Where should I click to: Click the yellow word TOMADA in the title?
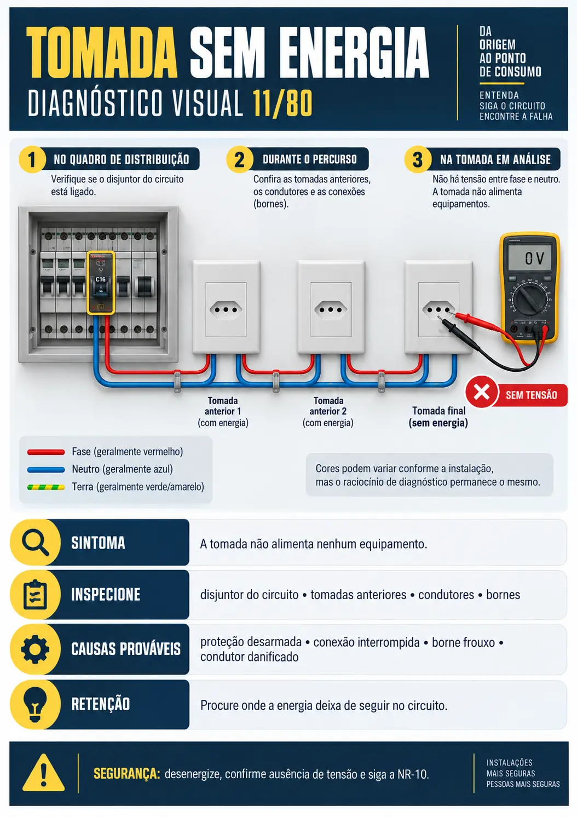(102, 53)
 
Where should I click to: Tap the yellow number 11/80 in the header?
(282, 103)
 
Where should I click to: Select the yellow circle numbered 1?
(32, 159)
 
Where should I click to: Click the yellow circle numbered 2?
(239, 159)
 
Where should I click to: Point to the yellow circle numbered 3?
(417, 159)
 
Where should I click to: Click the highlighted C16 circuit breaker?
(101, 283)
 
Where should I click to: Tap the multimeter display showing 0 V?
(529, 257)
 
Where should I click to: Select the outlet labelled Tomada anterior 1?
(226, 307)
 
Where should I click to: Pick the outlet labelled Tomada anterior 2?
(331, 307)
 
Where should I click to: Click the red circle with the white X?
(481, 392)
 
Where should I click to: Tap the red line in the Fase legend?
(46, 452)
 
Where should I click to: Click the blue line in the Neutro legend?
(46, 470)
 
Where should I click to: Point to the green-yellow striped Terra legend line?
(46, 487)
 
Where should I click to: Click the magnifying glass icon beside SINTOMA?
(35, 543)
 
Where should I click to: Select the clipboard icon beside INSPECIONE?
(35, 594)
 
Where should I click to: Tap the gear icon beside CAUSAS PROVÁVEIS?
(35, 649)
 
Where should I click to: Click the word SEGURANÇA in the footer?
(127, 773)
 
